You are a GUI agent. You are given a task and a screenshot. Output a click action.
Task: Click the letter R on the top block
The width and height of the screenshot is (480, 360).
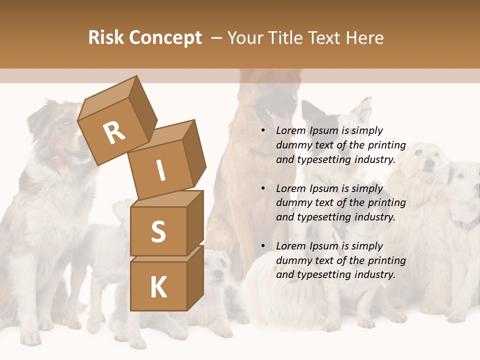pyautogui.click(x=114, y=132)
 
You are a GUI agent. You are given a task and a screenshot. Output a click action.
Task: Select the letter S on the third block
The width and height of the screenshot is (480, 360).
pyautogui.click(x=158, y=232)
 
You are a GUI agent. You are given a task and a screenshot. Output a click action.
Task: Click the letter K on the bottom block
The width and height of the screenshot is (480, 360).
pyautogui.click(x=158, y=287)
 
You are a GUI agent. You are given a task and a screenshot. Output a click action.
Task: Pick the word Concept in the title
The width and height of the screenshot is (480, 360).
pyautogui.click(x=165, y=38)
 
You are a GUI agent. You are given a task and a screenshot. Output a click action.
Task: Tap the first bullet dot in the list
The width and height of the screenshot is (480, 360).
pyautogui.click(x=263, y=131)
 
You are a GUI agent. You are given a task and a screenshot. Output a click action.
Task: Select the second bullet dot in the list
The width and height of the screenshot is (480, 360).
pyautogui.click(x=263, y=189)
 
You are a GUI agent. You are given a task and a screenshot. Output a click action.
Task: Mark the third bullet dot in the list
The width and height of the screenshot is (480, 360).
pyautogui.click(x=263, y=246)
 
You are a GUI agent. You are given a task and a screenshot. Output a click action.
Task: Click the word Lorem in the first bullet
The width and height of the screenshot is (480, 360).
pyautogui.click(x=290, y=130)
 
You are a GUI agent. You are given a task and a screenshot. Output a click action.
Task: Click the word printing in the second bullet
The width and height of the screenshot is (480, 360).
pyautogui.click(x=387, y=202)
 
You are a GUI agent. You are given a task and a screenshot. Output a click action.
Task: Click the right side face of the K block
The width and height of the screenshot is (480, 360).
pyautogui.click(x=195, y=280)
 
